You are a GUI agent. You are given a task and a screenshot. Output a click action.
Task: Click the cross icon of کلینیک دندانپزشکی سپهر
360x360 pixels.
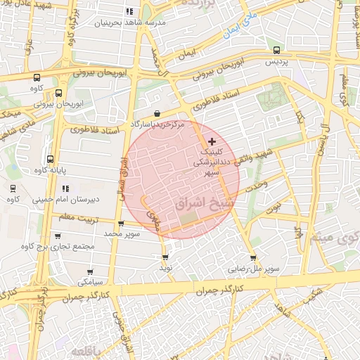point(212,141)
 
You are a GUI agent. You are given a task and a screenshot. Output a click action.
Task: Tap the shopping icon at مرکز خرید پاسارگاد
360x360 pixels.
point(155,113)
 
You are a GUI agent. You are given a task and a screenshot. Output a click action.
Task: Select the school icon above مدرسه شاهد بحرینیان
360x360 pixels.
point(129,12)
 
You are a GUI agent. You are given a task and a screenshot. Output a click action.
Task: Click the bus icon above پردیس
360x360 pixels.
point(276,50)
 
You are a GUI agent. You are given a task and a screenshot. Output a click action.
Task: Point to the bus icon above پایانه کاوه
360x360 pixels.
point(49,159)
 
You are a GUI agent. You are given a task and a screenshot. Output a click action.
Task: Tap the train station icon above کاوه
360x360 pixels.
point(13,188)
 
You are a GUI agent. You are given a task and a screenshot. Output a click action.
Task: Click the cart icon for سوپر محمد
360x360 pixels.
point(121,224)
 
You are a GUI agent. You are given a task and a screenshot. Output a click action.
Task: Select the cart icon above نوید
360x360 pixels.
point(165,257)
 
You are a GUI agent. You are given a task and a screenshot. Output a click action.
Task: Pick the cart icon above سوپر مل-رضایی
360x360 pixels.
point(253,258)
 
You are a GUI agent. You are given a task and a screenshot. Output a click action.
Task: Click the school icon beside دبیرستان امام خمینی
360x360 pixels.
point(66,188)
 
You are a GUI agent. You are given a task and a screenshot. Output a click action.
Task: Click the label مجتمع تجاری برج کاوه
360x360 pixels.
point(58,247)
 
